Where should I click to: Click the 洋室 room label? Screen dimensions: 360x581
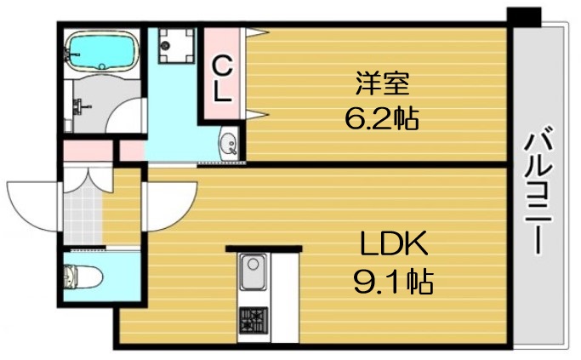(382, 83)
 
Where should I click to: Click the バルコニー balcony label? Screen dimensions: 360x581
(538, 191)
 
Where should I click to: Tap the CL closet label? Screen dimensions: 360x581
(222, 78)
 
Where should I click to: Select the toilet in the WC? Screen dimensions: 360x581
(83, 277)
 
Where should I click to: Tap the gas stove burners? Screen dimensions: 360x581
(253, 322)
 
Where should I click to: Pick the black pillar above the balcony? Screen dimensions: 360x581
(523, 14)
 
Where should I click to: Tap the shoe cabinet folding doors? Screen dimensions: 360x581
(85, 180)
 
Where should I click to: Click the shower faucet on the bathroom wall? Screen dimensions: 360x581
(80, 107)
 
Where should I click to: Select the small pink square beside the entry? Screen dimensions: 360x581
(131, 151)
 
